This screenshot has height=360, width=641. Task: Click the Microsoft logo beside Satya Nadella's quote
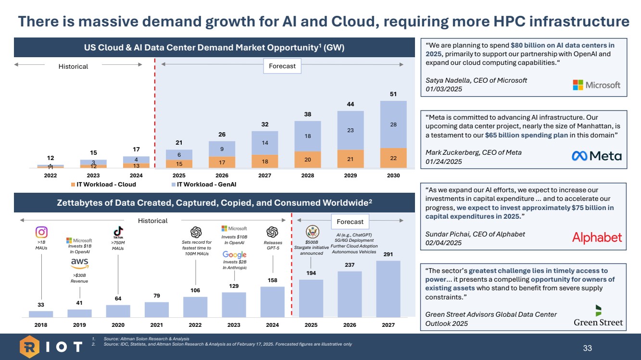coord(596,85)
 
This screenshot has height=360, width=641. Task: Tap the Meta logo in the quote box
coord(596,156)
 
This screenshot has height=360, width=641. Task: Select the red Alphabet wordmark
coord(597,237)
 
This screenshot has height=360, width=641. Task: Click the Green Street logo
coord(598,316)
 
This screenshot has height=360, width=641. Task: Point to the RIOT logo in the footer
coord(50,347)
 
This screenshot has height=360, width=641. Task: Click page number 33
coord(587,348)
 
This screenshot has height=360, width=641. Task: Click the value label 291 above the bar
coord(388,254)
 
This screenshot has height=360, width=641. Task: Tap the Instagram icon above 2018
coord(41,232)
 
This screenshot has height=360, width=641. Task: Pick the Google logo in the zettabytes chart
coord(235,254)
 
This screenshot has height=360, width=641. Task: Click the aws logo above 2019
coord(79,263)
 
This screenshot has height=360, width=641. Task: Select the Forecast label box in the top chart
coord(282,66)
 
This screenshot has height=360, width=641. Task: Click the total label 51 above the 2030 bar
coord(393,94)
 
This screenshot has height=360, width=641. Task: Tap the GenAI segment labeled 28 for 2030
coord(393,124)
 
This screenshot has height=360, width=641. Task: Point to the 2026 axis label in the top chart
coord(222,175)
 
